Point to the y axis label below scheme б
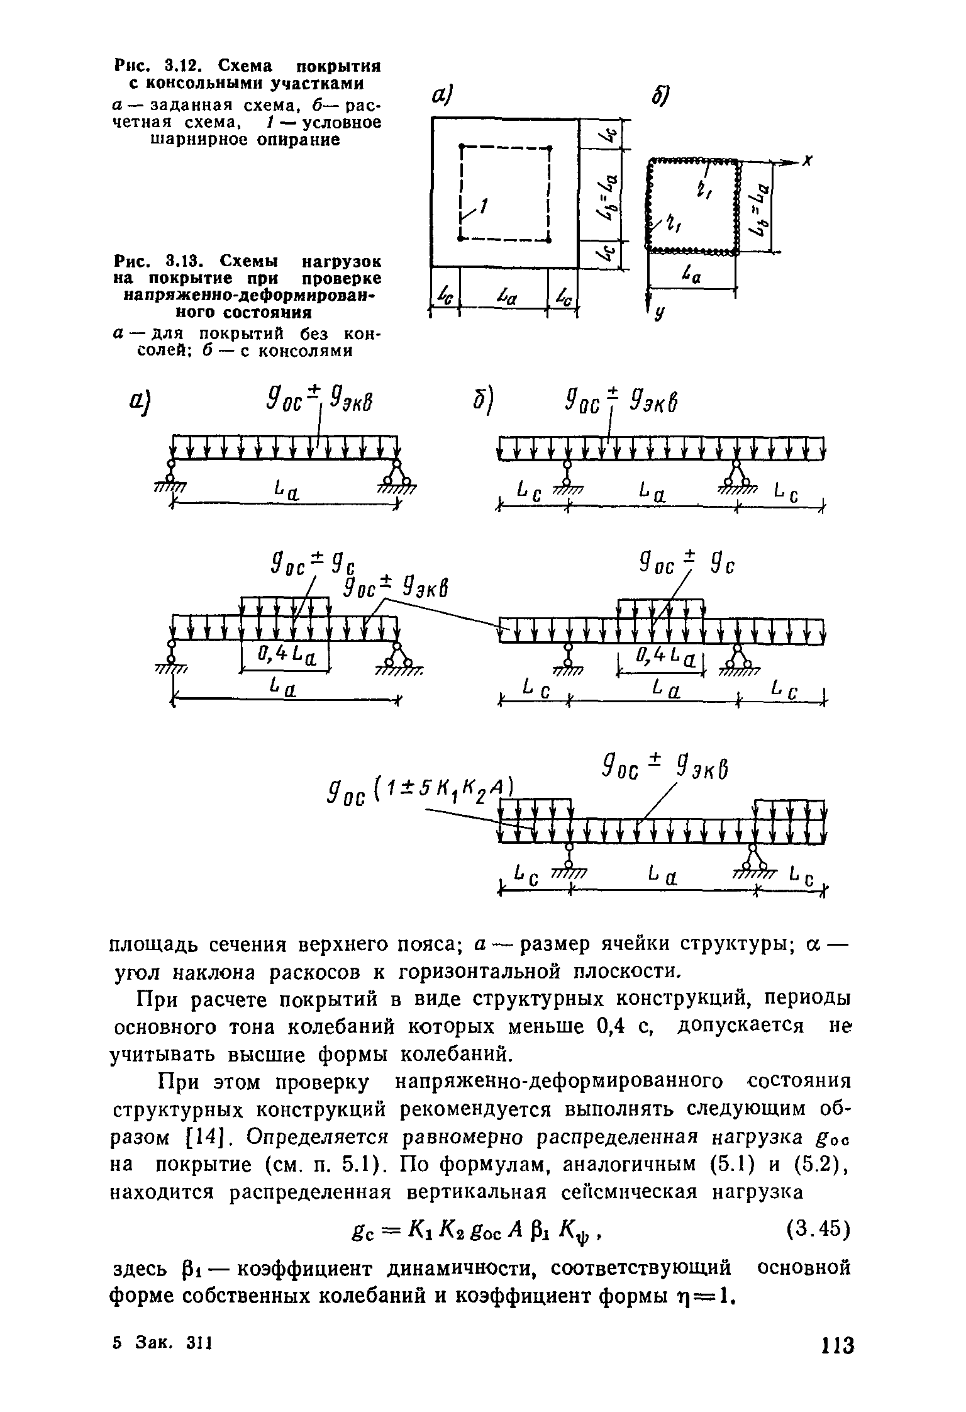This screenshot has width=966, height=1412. coord(658,315)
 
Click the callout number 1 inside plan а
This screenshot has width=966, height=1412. coord(484,205)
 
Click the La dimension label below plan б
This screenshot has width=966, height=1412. coord(691,276)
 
